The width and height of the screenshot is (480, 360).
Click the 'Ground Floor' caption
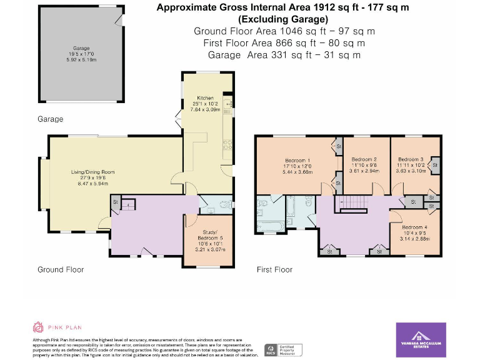(60, 269)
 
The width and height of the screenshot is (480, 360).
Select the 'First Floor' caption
(274, 270)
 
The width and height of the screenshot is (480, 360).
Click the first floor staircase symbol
(354, 202)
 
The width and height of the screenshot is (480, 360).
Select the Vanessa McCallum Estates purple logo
(421, 339)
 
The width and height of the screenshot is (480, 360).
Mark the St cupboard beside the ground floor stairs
(116, 202)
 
